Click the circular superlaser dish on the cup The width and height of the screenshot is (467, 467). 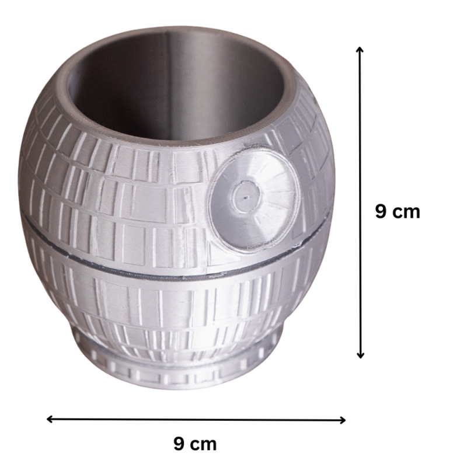point(255,196)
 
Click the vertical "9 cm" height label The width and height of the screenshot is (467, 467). point(398,211)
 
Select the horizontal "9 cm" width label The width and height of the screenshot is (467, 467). point(195,444)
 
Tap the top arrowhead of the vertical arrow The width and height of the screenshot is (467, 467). point(360,49)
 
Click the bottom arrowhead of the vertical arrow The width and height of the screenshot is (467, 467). point(360,356)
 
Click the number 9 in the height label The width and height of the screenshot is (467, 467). point(381,211)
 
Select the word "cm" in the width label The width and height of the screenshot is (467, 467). point(204,444)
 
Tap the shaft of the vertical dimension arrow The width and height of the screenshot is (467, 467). point(360,146)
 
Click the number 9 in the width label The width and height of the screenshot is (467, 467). point(179,444)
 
